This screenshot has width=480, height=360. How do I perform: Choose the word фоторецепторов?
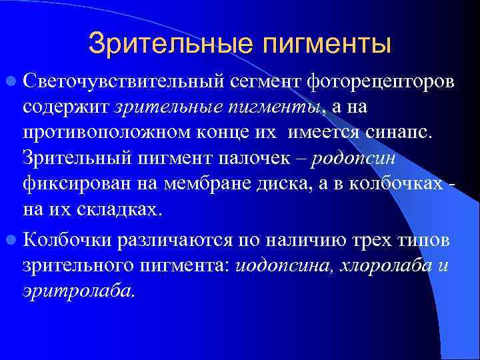tap(381, 83)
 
